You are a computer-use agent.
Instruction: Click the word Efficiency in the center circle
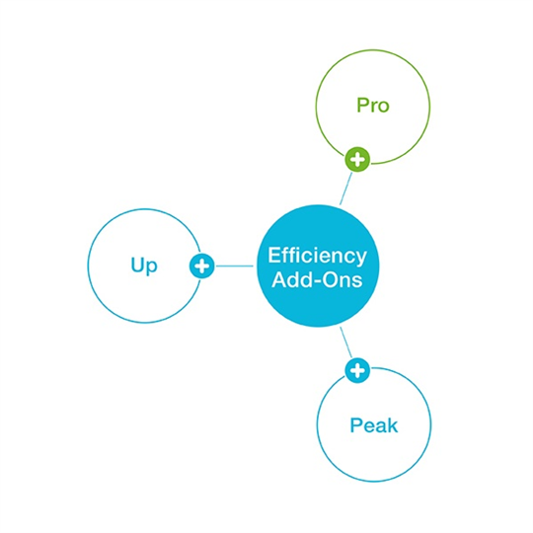(317, 257)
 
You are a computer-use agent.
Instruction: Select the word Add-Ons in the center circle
(317, 280)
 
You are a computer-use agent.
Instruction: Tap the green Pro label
(373, 106)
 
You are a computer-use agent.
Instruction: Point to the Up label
(144, 266)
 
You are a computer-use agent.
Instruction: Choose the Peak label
(374, 425)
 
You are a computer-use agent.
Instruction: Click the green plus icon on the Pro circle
(357, 160)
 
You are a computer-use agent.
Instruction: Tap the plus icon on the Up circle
(202, 266)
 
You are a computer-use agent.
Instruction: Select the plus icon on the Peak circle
(357, 370)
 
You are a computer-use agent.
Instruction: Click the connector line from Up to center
(235, 266)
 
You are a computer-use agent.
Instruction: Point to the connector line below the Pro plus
(346, 189)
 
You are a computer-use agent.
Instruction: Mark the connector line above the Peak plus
(346, 343)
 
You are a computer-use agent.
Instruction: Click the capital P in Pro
(362, 106)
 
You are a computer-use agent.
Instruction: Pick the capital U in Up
(137, 265)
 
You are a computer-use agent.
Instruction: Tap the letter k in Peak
(393, 425)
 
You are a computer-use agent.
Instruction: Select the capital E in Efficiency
(274, 256)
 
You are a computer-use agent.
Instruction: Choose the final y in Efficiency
(361, 260)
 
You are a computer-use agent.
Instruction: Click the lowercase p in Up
(152, 268)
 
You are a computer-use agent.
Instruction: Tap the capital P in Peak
(355, 425)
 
